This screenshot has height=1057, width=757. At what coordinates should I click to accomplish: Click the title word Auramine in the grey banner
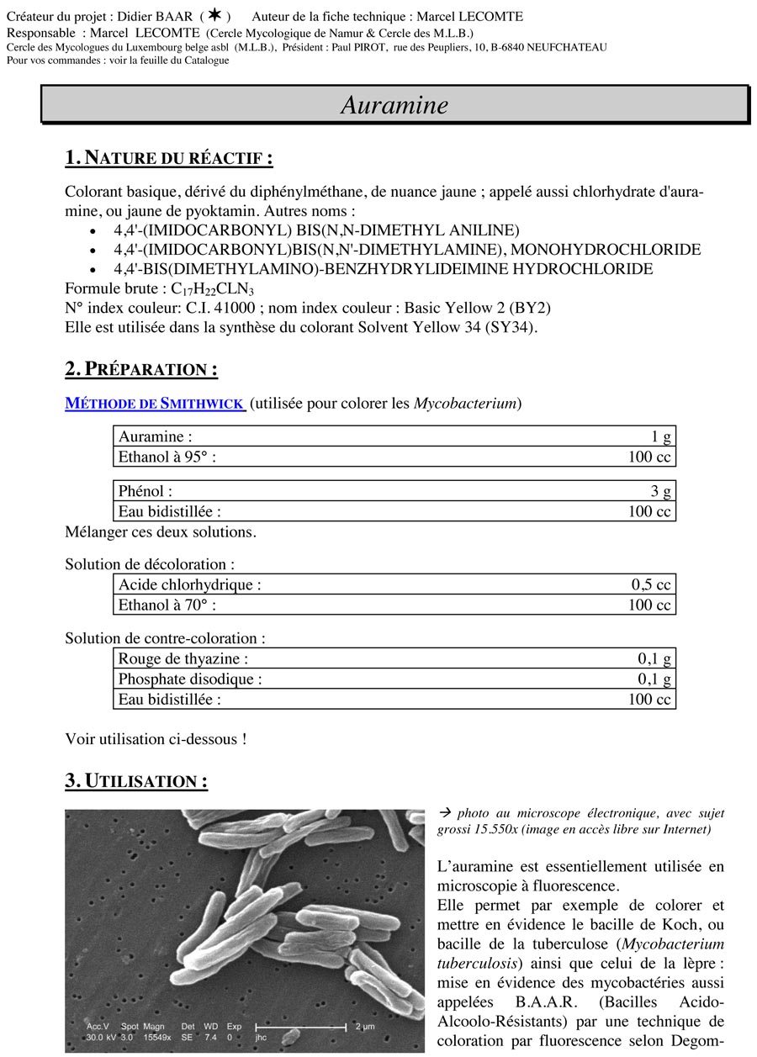click(x=394, y=105)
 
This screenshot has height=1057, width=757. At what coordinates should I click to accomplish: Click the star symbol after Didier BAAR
click(x=215, y=16)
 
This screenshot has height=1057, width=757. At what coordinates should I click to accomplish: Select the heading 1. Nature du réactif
click(x=168, y=158)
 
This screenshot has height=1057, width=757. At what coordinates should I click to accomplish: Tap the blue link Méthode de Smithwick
click(x=155, y=404)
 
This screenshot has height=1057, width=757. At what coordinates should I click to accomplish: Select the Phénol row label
click(x=146, y=491)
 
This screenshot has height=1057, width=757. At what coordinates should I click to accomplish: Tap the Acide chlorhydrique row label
click(x=189, y=585)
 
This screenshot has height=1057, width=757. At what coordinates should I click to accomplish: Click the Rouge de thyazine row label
click(x=183, y=659)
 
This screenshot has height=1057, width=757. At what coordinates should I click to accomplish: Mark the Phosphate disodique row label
click(x=190, y=679)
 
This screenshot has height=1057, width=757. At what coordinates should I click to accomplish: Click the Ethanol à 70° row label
click(x=172, y=605)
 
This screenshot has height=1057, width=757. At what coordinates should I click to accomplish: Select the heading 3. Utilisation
click(x=136, y=781)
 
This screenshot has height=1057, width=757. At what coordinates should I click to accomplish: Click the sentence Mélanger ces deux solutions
click(x=161, y=532)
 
